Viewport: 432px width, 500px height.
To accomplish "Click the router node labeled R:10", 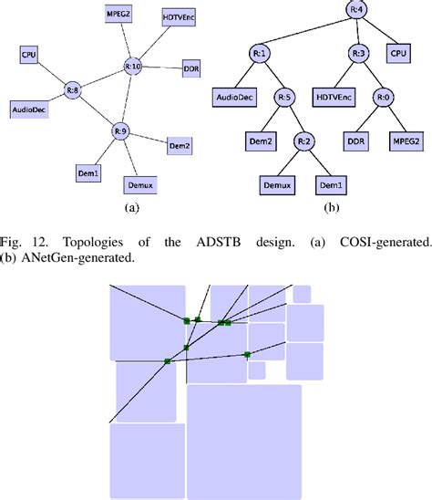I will coord(132,66).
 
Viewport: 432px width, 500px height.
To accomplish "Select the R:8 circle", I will coord(75,89).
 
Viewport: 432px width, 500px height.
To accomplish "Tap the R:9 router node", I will coord(119,130).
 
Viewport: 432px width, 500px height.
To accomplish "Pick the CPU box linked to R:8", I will coord(29,57).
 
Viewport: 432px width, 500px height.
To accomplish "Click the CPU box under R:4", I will coord(397,53).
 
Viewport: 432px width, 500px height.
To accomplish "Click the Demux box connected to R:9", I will coord(138,185).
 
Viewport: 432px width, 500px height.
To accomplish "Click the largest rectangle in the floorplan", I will coord(243,440).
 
